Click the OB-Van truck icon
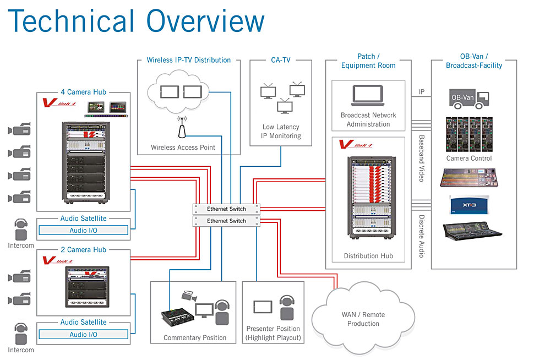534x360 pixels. (x=470, y=99)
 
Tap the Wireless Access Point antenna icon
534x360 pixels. (x=181, y=128)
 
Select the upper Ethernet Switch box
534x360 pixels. (x=226, y=209)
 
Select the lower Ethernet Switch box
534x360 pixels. (x=226, y=221)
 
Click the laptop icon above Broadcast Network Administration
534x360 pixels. (x=368, y=95)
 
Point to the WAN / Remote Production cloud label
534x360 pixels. (x=363, y=319)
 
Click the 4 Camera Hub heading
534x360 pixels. (x=83, y=92)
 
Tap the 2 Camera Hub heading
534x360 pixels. (x=83, y=250)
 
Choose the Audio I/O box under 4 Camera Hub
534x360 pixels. (x=83, y=231)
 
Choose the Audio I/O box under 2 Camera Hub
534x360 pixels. (x=83, y=335)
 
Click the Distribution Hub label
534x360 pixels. (x=368, y=256)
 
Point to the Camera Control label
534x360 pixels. (x=469, y=159)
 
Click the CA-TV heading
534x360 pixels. (x=281, y=60)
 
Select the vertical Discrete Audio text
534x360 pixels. (x=422, y=236)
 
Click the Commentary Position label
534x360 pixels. (x=195, y=337)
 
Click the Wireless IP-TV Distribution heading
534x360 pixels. (x=189, y=60)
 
